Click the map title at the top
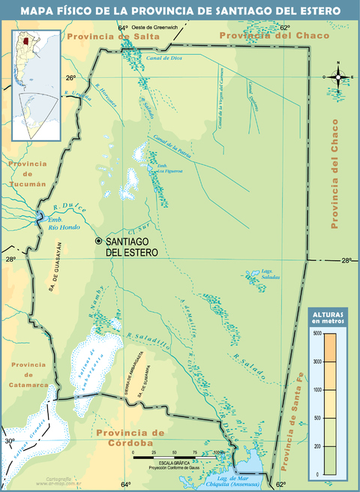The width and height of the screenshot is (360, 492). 180,10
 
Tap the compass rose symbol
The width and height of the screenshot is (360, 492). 338,76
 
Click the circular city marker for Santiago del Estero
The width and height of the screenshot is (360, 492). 98,241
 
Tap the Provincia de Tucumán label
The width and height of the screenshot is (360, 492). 28,173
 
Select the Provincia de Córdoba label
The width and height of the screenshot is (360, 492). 129,438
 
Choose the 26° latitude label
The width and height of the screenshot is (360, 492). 70,78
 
